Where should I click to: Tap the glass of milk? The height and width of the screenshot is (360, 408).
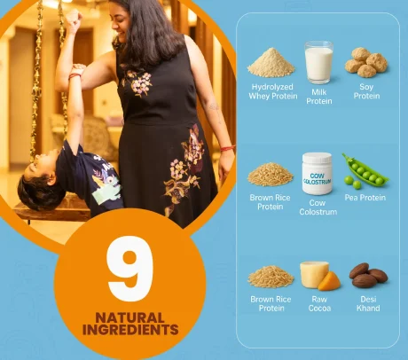(318, 63)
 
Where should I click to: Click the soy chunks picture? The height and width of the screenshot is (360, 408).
(365, 61)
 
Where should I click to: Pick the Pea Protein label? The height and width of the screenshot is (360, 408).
(365, 198)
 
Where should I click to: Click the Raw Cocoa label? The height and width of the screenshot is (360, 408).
(318, 303)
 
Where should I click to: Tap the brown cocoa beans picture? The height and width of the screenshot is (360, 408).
(367, 275)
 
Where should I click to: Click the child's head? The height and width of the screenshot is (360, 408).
(35, 190)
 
